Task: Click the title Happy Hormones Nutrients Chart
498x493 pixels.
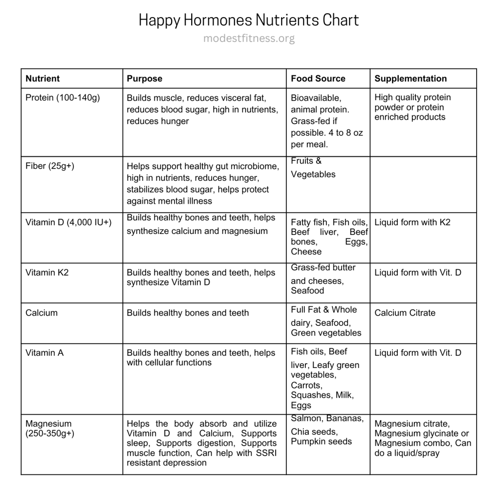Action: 249,20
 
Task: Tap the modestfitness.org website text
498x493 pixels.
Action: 249,38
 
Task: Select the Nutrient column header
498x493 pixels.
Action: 43,79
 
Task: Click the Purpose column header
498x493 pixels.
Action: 144,79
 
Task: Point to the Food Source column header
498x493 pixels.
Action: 318,79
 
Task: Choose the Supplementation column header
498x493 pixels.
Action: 410,79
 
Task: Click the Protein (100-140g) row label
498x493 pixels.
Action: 63,98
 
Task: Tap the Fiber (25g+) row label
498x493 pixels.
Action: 50,166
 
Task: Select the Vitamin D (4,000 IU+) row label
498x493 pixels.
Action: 69,222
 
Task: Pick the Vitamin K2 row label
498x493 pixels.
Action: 47,272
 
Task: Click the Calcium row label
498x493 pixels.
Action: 41,313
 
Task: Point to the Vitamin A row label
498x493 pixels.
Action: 44,353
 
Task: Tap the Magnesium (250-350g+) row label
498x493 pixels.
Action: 49,428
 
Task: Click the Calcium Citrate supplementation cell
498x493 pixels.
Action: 405,313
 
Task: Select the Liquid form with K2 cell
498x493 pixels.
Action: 412,222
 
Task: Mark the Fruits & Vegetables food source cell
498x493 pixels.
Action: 313,168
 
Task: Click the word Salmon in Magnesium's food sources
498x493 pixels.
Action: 306,419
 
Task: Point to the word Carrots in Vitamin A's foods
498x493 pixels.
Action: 306,385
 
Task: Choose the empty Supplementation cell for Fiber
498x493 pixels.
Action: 423,184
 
